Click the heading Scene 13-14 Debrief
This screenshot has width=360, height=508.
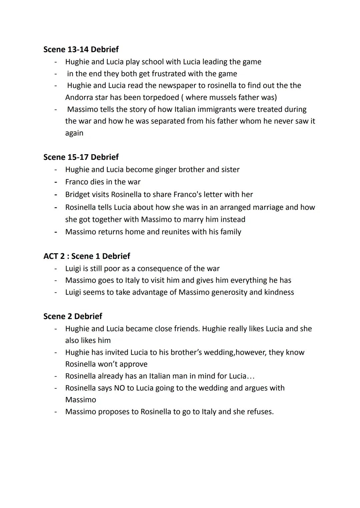coord(81,49)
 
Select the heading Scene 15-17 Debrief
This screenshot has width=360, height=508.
coord(81,157)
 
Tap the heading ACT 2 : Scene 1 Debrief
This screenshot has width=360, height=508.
coord(87,256)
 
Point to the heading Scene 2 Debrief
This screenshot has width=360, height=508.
coord(73,316)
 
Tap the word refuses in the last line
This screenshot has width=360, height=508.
coord(260,412)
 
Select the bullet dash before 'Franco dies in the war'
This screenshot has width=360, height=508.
coord(56,182)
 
